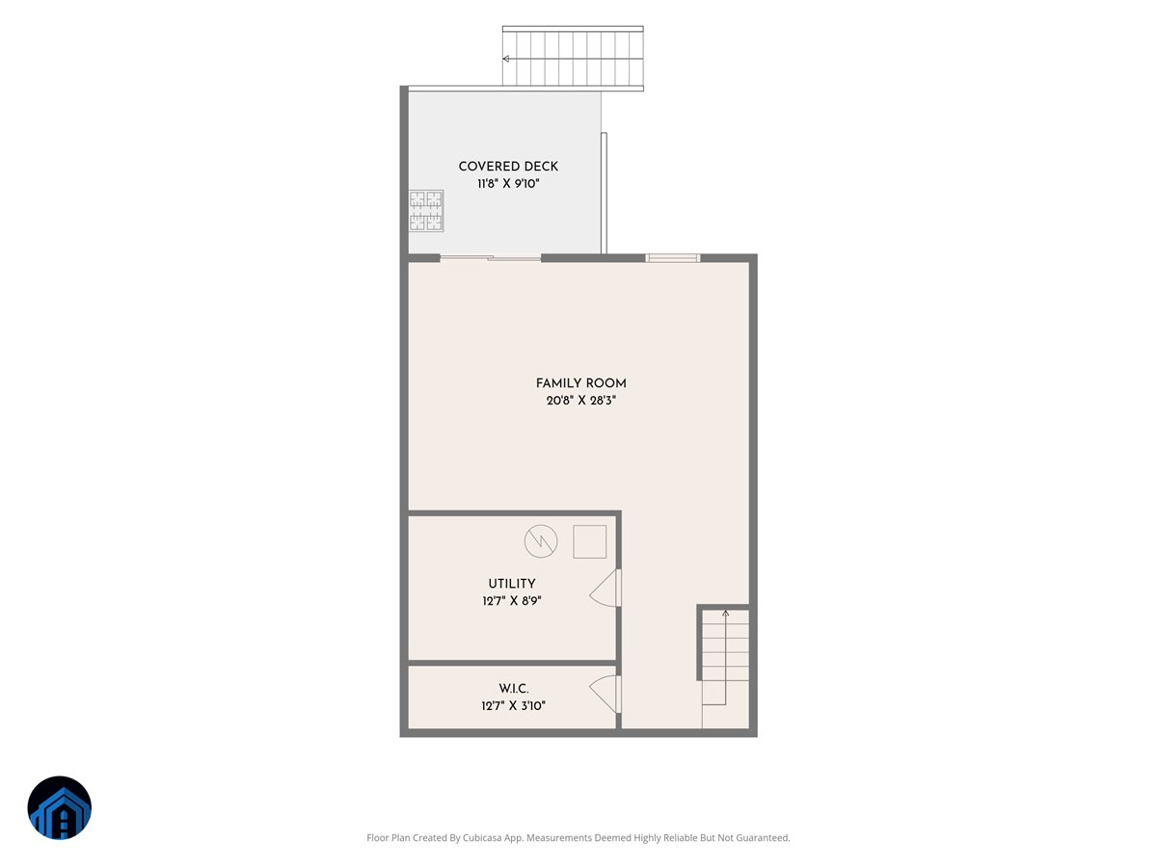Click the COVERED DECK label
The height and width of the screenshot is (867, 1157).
coord(507,167)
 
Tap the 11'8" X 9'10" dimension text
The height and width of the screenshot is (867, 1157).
coord(508,184)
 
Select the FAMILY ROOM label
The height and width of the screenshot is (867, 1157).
coord(580,383)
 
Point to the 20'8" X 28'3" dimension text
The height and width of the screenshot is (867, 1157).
coord(580,401)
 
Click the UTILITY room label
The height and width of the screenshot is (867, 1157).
coord(511,583)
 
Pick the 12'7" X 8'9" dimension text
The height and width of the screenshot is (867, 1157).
coord(511,600)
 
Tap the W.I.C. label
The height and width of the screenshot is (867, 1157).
coord(513,688)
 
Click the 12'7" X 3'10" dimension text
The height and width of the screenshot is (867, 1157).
coord(513,705)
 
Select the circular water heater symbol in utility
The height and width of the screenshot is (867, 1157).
coord(541,541)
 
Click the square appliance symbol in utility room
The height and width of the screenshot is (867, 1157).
coord(589,541)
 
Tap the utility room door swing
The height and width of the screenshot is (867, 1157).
coord(605,588)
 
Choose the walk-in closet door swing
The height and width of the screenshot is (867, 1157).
coord(605,695)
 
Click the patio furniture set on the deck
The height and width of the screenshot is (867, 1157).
coord(426,211)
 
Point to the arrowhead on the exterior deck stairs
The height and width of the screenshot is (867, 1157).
coord(505,59)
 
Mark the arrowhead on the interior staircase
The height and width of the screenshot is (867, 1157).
coord(725,614)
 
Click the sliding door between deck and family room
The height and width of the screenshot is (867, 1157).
coord(490,257)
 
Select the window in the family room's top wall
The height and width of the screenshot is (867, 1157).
coord(672,258)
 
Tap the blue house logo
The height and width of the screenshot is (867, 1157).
coord(59,807)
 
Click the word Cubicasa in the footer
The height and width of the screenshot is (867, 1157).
coord(482,837)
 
